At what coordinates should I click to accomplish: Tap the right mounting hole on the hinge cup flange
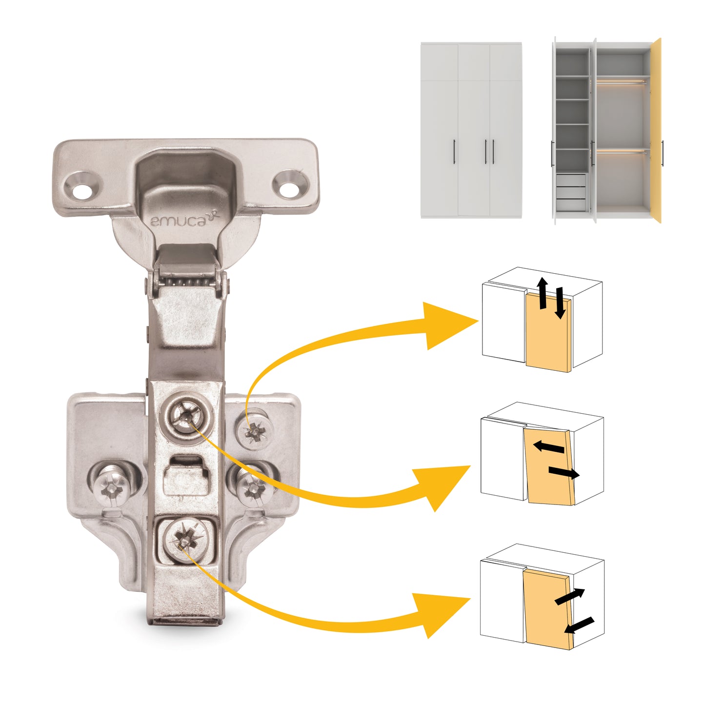coord(290,186)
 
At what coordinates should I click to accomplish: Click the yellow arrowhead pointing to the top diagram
coord(449,324)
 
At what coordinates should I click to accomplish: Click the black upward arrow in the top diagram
coord(542,293)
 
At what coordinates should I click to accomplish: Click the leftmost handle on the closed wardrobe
coord(455,151)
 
